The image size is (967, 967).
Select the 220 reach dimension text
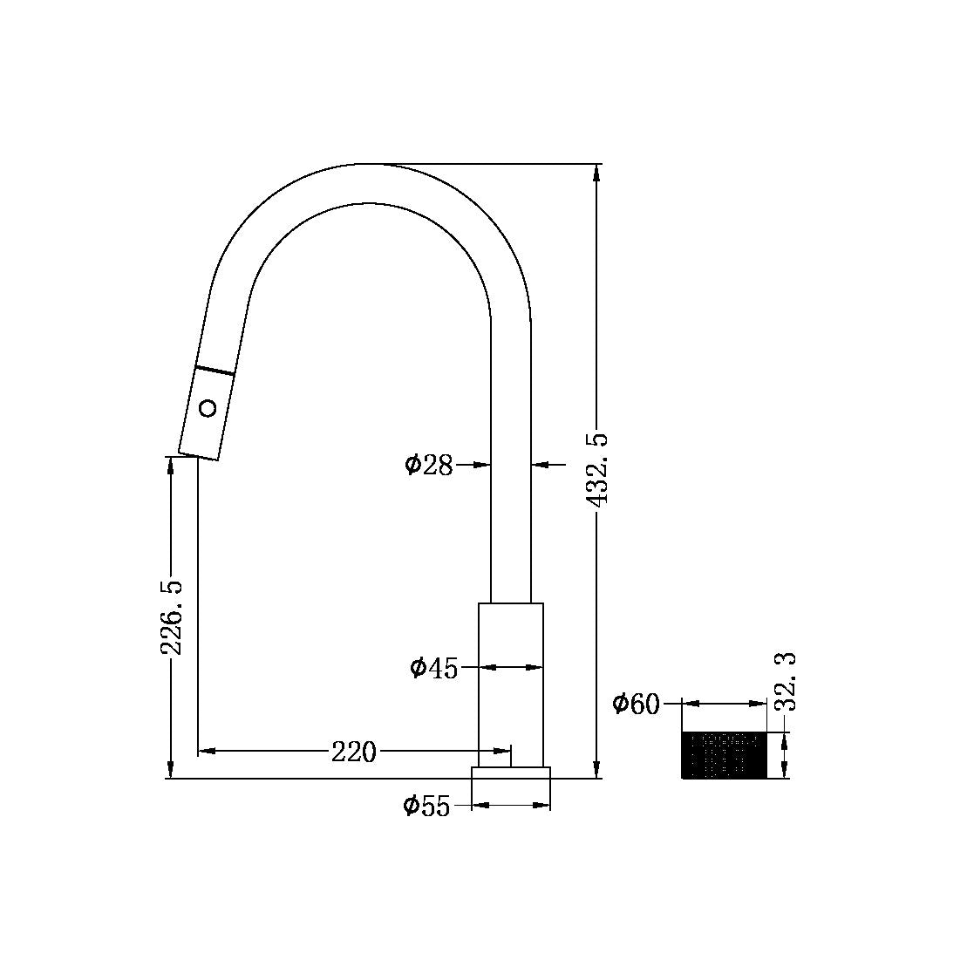coord(353,751)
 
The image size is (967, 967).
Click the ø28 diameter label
coord(429,465)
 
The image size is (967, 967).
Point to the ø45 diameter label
coord(433,668)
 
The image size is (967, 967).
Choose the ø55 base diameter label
coord(426,807)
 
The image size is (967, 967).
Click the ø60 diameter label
coord(636,704)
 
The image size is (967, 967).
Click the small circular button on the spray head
coord(208,407)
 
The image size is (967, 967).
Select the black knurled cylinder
coord(723,755)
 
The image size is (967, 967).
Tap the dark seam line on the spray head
coord(215,370)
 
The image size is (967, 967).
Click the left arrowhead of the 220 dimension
coord(206,750)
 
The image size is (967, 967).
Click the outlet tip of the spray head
coord(198,455)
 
